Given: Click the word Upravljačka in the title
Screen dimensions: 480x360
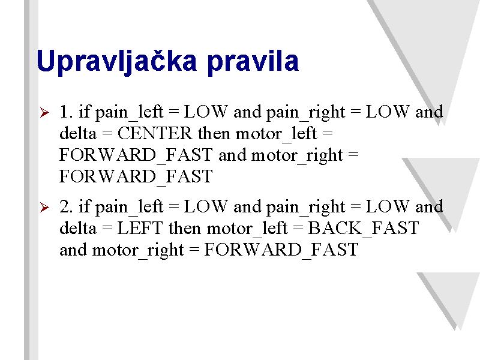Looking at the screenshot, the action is [x=116, y=61].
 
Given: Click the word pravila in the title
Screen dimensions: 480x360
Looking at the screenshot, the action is [x=253, y=61].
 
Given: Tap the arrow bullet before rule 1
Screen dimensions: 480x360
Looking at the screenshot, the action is [x=44, y=112].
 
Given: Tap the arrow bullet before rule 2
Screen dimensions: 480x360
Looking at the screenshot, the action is [x=44, y=207].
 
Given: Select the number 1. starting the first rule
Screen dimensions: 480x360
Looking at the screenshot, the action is [x=66, y=112].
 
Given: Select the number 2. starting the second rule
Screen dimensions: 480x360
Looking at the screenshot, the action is [x=66, y=206].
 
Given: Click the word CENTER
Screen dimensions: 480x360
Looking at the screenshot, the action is [x=155, y=133].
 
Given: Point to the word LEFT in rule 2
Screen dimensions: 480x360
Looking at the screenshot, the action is [x=140, y=228].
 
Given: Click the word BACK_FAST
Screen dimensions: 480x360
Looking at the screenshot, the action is [x=364, y=229].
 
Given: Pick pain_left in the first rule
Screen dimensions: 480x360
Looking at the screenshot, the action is [x=130, y=112].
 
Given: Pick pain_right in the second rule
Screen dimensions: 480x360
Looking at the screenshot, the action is [x=306, y=208].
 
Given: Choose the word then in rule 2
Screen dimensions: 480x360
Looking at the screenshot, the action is [x=185, y=228].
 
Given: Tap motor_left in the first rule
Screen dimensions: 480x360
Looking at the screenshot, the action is [x=277, y=134].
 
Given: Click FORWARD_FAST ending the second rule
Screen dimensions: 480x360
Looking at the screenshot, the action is [x=281, y=250].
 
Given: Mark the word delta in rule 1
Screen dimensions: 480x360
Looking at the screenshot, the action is [x=78, y=133].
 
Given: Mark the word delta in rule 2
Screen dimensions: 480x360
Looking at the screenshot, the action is [x=78, y=228].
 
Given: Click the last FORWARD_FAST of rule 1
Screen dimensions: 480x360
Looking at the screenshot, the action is [x=136, y=176].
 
